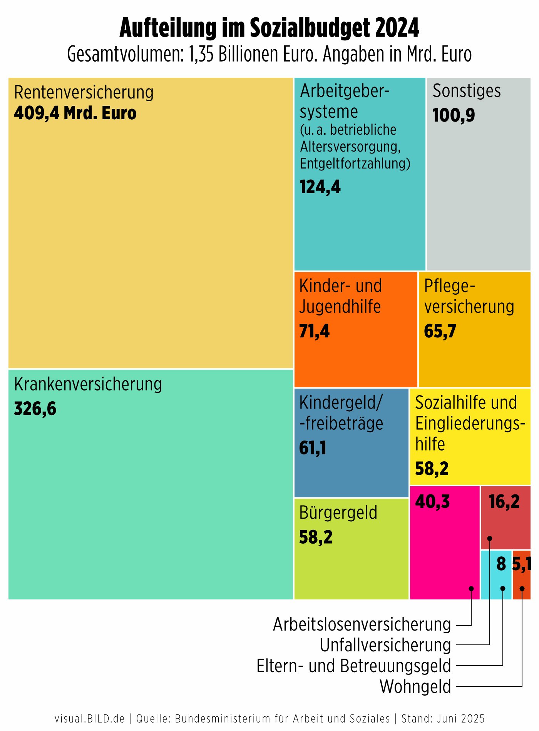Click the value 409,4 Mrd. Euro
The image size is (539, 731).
point(75,113)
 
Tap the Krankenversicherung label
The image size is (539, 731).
point(88,384)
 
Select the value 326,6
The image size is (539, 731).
point(35,409)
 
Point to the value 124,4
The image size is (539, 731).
point(320,187)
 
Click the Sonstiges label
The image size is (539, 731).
point(467,91)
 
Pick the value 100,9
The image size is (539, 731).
point(454,115)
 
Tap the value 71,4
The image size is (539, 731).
point(314,331)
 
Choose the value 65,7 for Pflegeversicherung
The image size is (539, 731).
point(440,331)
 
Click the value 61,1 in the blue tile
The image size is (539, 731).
point(313,448)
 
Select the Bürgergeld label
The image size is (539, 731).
point(338,513)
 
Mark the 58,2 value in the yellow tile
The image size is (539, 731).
point(432,469)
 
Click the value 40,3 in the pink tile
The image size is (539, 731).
point(432,502)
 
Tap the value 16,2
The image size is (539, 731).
point(504,502)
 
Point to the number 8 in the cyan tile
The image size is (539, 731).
point(501,564)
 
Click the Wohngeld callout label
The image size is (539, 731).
point(415,687)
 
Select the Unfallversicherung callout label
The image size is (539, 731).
point(385,645)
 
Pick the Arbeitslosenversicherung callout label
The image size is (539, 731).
point(362,624)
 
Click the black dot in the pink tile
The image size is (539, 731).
point(471,589)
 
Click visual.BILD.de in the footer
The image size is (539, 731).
point(90,719)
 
